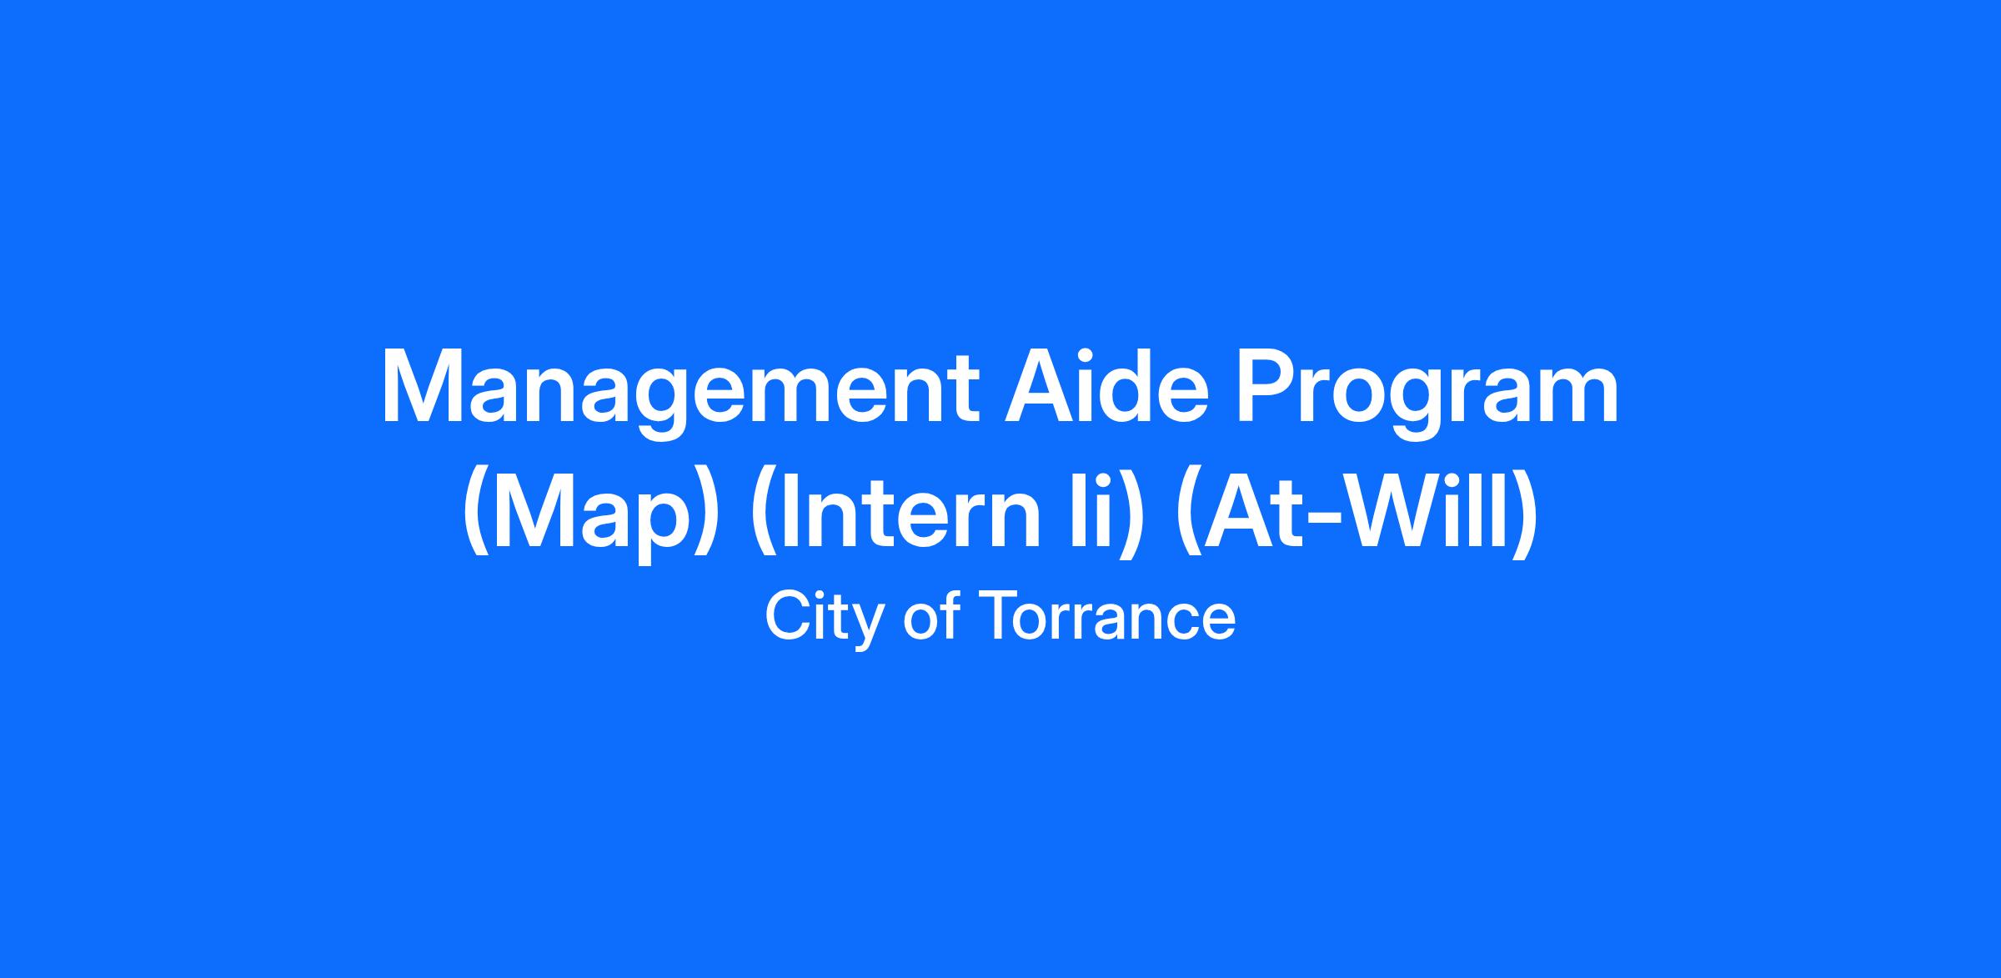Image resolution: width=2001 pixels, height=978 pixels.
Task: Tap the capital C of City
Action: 787,615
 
